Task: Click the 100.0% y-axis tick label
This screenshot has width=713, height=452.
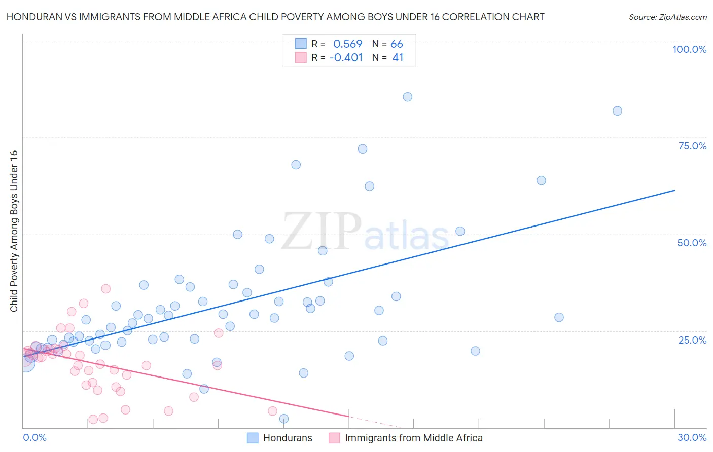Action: click(689, 49)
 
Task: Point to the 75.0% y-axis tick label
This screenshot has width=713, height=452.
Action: click(692, 146)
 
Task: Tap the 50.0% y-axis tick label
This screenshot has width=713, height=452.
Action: click(692, 243)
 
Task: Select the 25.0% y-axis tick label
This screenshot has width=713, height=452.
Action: click(692, 340)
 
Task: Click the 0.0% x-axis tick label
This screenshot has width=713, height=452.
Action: click(34, 437)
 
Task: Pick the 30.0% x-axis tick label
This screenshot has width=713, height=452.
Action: click(692, 437)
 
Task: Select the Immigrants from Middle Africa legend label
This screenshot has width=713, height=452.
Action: click(413, 438)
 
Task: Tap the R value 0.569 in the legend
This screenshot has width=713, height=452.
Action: click(347, 44)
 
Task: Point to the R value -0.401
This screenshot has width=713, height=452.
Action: click(346, 57)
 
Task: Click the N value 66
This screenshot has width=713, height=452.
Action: click(397, 44)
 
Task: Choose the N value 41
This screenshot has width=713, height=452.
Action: click(398, 57)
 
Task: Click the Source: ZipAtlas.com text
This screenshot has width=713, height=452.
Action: click(667, 17)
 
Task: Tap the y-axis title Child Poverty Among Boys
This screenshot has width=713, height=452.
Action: click(14, 231)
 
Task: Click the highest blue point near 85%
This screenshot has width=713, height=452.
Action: click(407, 97)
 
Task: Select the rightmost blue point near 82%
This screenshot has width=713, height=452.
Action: click(617, 111)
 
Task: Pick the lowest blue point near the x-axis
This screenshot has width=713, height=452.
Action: click(284, 419)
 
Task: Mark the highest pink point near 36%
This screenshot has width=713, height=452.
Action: click(105, 289)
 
